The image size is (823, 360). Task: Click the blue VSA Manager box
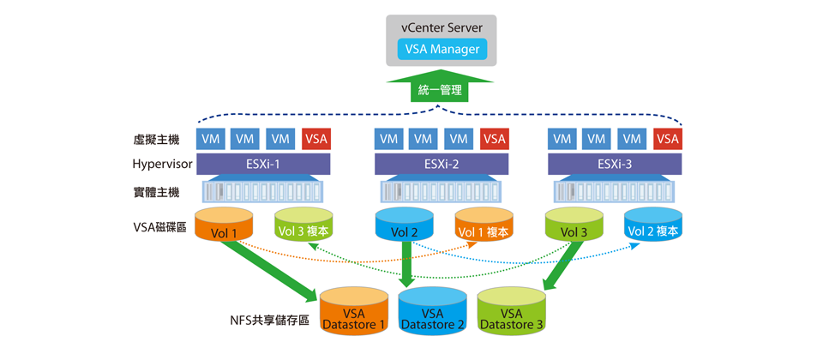coord(442,50)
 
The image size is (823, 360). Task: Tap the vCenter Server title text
coord(442,28)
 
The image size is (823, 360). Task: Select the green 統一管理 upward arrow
coord(440,88)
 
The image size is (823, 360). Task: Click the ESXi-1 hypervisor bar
coord(264,164)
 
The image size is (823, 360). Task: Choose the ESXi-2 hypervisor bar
coord(442,164)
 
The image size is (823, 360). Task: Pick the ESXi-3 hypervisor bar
coord(615,164)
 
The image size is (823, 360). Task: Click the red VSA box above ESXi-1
coord(316,139)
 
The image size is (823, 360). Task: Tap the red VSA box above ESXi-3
coord(667,139)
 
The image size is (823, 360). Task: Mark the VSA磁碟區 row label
coord(160,227)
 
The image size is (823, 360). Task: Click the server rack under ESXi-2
coord(442,190)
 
